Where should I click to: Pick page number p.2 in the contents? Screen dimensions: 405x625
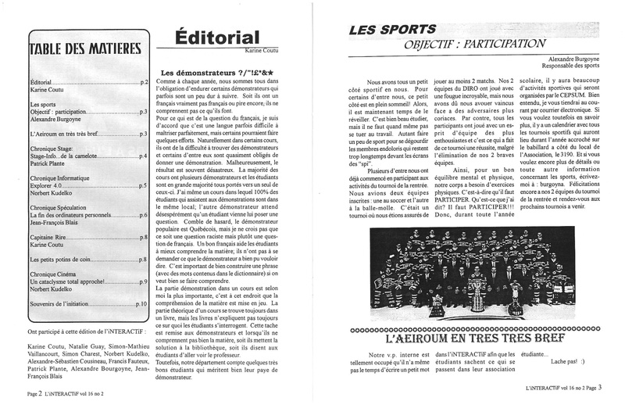[144, 81]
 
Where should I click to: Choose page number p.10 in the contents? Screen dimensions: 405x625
[141, 303]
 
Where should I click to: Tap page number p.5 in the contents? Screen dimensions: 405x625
[144, 185]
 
